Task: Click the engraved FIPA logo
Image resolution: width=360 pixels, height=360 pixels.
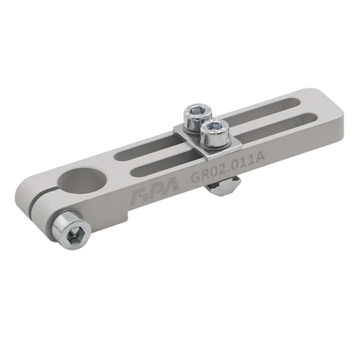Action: click(x=155, y=190)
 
